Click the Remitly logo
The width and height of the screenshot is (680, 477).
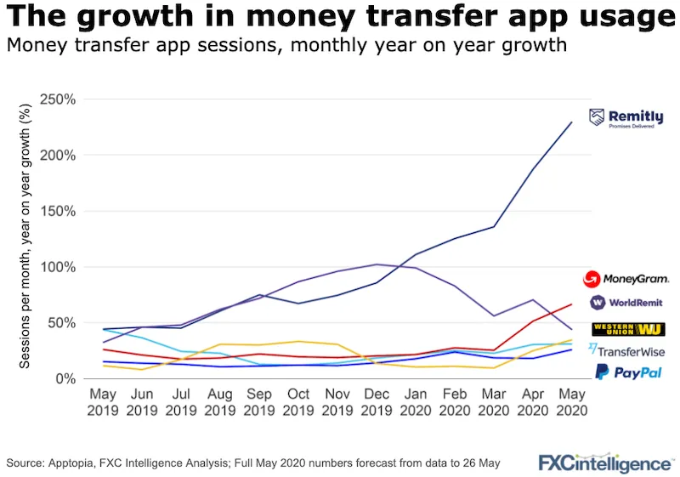coord(626,118)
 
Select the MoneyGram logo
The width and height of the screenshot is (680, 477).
coord(626,278)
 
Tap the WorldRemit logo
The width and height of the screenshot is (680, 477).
coord(626,302)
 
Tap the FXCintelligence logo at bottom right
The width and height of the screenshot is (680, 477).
coord(604,463)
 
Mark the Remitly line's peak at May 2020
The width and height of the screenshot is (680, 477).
coord(571,122)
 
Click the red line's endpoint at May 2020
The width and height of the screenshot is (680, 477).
coord(571,304)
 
